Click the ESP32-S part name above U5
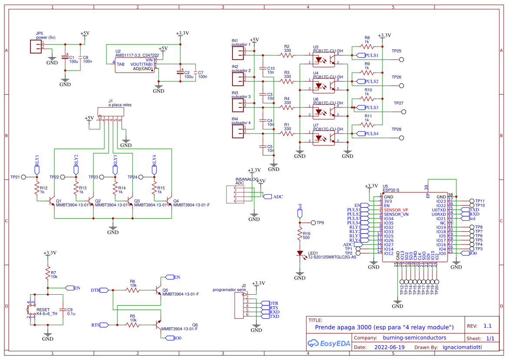coord(391,190)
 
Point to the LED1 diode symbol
coord(300,253)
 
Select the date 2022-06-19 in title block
coord(389,347)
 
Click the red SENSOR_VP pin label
coord(395,210)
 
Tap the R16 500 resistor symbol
coord(300,235)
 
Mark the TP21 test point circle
coord(24,177)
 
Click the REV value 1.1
coord(488,326)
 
